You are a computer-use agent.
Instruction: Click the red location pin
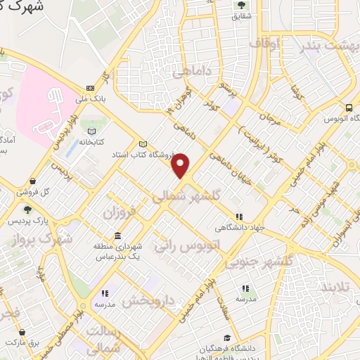coord(182,165)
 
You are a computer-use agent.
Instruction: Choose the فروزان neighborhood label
coord(118,212)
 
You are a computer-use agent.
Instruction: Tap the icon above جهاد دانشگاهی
coord(240,217)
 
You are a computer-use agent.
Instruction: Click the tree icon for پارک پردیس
coord(27,209)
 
